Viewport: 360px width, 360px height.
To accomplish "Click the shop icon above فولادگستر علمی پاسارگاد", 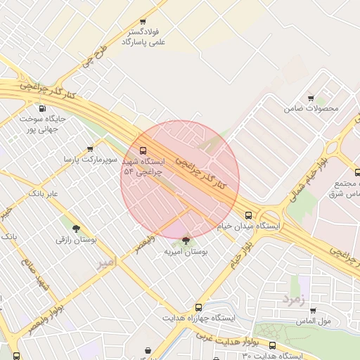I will pos(143,22).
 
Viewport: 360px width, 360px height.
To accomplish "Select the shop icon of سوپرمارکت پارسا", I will pos(90,149).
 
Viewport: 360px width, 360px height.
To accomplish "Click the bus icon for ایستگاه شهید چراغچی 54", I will pos(143,150).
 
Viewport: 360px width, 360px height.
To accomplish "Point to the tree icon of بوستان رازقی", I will pos(76,229).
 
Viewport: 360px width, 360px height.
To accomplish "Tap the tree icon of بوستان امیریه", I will pos(186,240).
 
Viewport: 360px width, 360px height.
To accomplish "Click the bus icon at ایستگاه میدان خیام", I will pos(247,215).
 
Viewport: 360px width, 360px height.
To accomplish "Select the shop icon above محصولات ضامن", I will pos(311,98).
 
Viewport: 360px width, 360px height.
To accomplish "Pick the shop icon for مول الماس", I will pos(312,310).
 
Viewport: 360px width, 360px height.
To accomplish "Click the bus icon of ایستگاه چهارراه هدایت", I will pos(198,307).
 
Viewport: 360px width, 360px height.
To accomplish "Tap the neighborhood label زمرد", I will pos(293,300).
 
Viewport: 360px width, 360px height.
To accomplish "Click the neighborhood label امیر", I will pos(105,264).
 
